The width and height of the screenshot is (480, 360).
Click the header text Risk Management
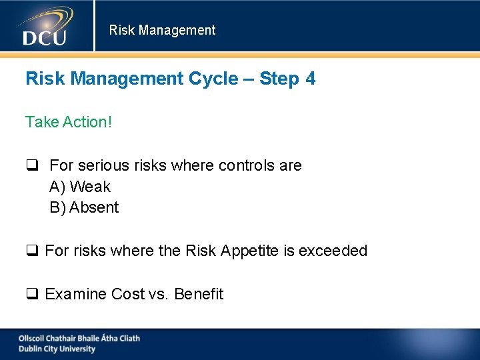point(162,30)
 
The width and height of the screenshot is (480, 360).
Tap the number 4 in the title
point(310,79)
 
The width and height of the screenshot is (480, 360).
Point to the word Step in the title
point(279,79)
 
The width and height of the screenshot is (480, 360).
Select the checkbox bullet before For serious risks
point(31,165)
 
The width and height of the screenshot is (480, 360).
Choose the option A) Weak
point(80,187)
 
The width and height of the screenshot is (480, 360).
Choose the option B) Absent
point(84,207)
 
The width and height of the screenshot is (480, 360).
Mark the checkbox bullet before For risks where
point(31,251)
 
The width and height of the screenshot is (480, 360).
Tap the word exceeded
point(333,251)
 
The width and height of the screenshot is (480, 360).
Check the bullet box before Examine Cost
point(31,295)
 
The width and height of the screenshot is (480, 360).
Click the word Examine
point(75,294)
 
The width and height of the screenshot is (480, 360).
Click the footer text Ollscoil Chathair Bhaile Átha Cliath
point(79,338)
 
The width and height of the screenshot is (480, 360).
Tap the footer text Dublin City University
point(57,349)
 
